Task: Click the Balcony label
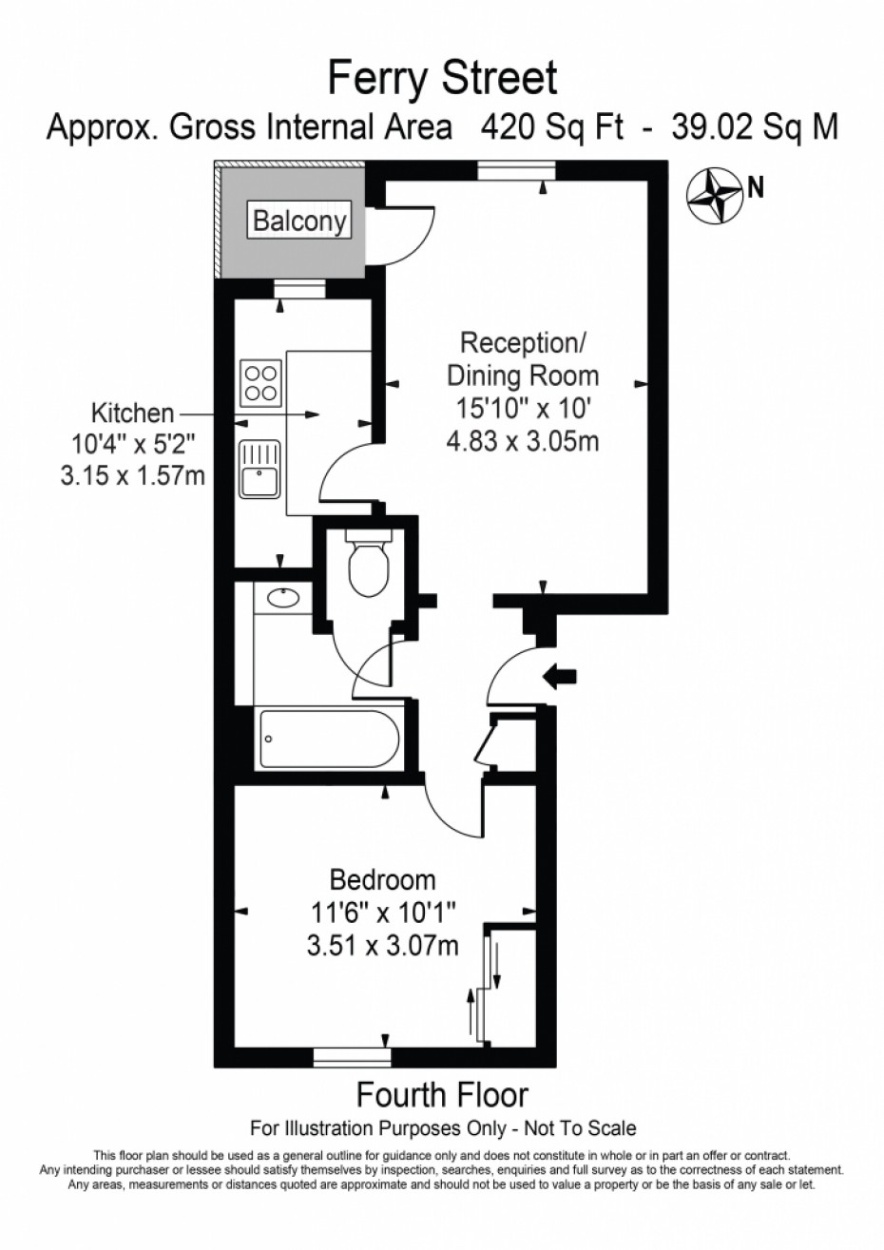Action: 299,221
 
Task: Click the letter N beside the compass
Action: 756,188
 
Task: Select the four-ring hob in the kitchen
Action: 260,383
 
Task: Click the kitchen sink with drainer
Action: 260,469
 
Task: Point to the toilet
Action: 368,563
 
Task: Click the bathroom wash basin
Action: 283,598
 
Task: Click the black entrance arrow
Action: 560,677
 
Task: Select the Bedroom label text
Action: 382,880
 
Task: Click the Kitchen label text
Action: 133,413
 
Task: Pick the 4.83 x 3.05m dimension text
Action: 523,442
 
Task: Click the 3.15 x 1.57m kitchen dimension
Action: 133,476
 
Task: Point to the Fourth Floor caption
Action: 442,1095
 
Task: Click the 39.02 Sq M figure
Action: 755,127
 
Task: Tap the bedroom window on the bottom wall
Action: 352,1057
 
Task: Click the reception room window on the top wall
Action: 517,170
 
